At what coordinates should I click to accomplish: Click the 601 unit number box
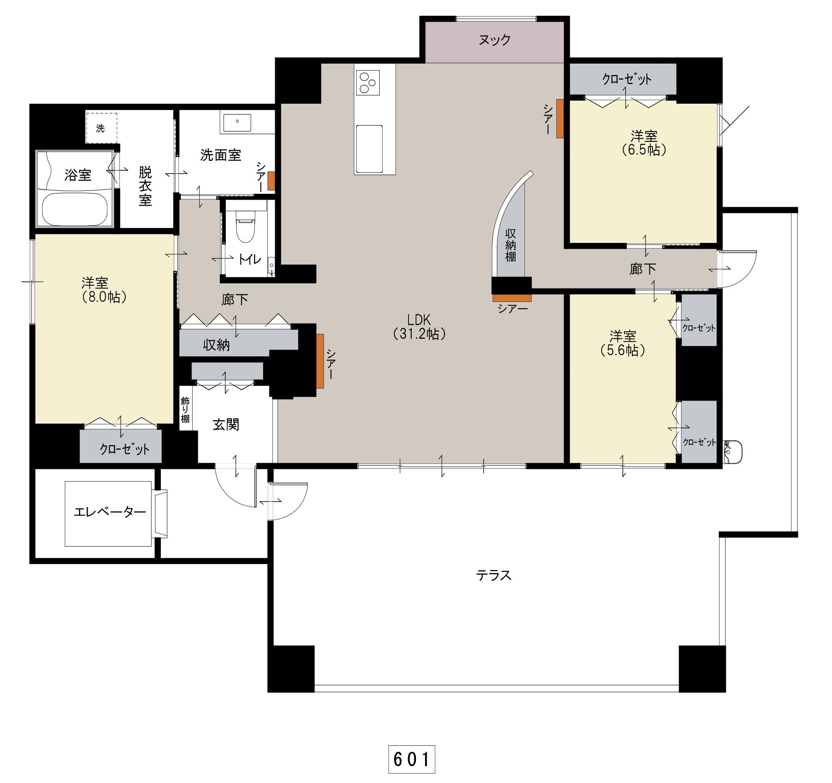tap(412, 759)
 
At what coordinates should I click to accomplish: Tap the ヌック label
tap(495, 40)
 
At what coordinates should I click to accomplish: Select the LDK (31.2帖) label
tap(420, 326)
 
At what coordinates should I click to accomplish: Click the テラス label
tap(494, 575)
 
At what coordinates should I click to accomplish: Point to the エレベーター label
tap(110, 511)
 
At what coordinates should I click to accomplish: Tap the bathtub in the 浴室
tap(76, 209)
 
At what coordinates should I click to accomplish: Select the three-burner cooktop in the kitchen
tap(368, 83)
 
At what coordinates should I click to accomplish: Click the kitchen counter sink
tap(369, 149)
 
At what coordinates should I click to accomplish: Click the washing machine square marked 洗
tap(101, 128)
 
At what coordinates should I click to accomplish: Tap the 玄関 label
tap(226, 425)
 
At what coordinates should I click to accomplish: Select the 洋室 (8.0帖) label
tap(103, 290)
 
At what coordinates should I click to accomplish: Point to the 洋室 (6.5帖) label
tap(644, 143)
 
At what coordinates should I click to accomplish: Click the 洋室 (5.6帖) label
tap(623, 344)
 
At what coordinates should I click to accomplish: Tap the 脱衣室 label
tap(145, 186)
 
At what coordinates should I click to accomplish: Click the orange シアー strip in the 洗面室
tap(271, 181)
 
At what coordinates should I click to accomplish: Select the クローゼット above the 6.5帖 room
tap(623, 79)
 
